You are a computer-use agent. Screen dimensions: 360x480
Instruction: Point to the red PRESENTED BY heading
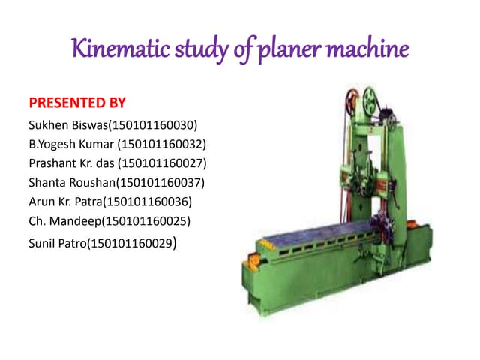point(76,102)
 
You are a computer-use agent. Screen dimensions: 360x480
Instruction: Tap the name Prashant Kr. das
point(70,163)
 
